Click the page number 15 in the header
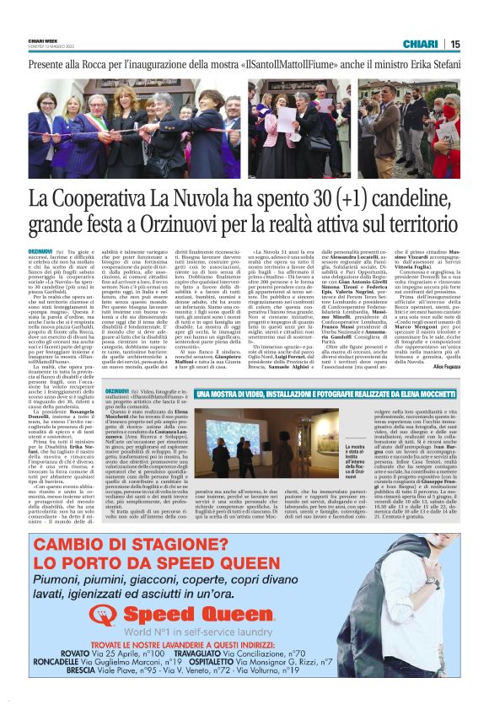(x=455, y=44)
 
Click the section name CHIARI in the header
(x=419, y=44)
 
